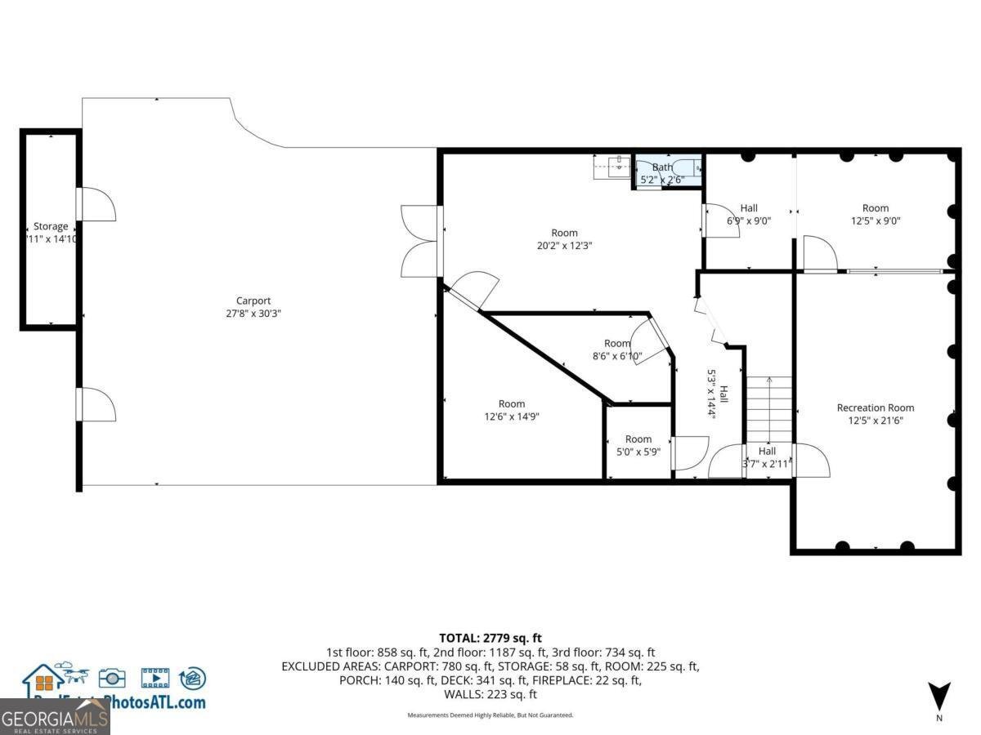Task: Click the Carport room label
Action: coord(253,301)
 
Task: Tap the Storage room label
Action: coord(51,226)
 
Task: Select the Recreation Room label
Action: coord(875,408)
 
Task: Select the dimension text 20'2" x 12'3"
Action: coord(564,246)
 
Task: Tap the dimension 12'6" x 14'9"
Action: coord(512,416)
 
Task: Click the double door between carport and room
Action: coord(421,241)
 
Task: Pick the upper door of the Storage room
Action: coord(96,204)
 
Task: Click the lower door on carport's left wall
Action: coord(96,405)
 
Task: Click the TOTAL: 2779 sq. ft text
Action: coord(490,638)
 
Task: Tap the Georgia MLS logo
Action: coord(55,718)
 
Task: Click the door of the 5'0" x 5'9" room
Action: coord(689,454)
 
